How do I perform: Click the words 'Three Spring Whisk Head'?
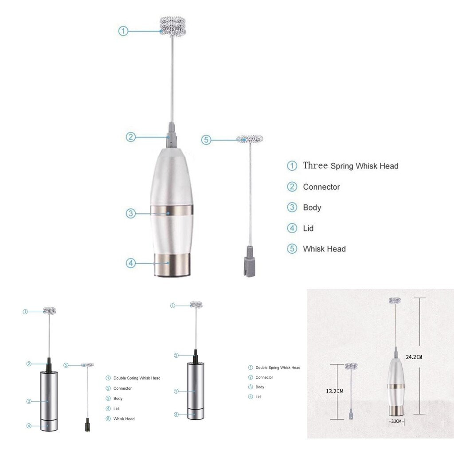(350, 166)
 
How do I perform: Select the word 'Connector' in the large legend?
(321, 187)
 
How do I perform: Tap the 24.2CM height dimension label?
(414, 356)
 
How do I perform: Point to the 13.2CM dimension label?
(335, 391)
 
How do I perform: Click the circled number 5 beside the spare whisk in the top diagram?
(206, 140)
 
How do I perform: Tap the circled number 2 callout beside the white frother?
(130, 137)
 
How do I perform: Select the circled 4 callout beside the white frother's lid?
(130, 263)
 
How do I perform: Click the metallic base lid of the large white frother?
(172, 266)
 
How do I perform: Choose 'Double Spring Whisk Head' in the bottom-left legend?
(137, 378)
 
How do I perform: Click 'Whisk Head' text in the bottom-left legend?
(124, 419)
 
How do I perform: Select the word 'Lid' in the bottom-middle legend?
(258, 397)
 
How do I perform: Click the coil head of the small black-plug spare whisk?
(87, 364)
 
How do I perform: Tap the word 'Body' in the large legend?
(312, 207)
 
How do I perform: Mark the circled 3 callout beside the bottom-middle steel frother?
(176, 391)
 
